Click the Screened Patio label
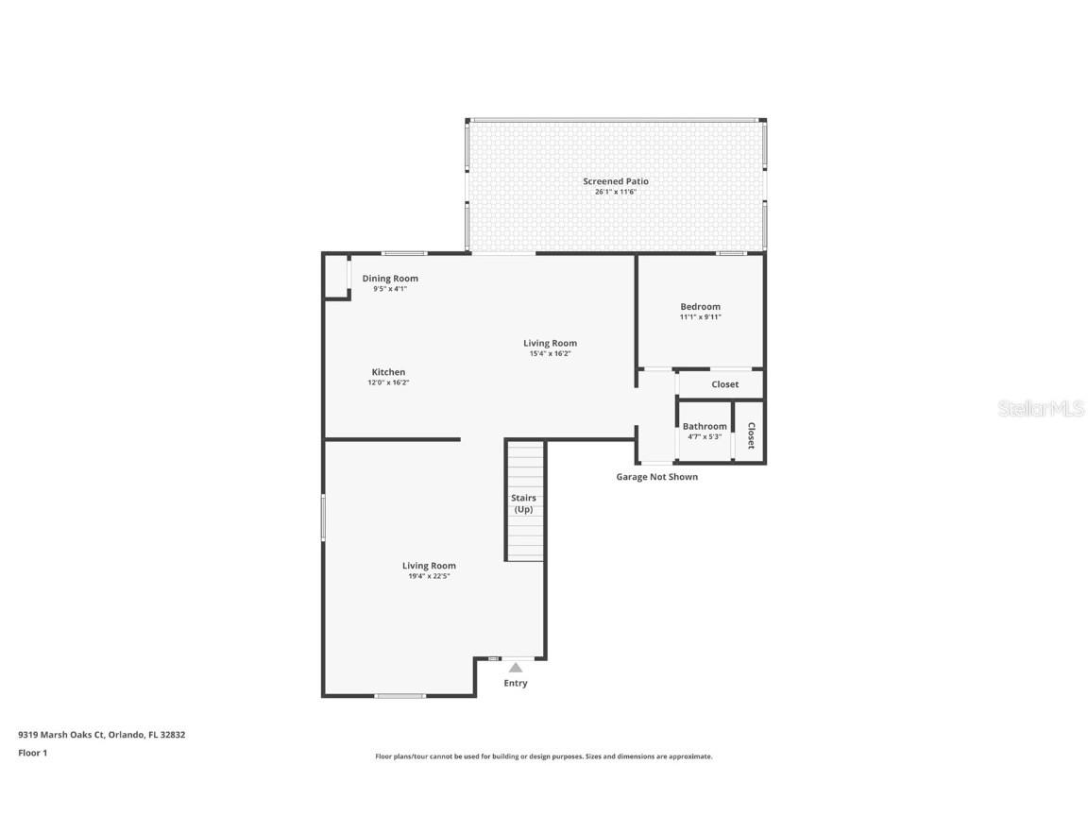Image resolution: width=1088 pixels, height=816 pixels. (x=616, y=181)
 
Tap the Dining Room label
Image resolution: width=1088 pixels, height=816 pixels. (x=390, y=279)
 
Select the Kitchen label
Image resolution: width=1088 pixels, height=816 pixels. (x=388, y=372)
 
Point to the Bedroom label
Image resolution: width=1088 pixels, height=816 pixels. (x=700, y=306)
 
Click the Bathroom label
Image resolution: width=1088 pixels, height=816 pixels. (x=705, y=426)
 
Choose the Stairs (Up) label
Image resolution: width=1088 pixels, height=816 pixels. (x=523, y=503)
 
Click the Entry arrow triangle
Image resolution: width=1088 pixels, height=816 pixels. (x=516, y=668)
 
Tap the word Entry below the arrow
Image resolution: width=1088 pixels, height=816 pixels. (x=516, y=683)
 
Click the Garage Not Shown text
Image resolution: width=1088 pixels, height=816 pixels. (x=657, y=477)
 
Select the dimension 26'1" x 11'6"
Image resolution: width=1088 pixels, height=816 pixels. (x=616, y=192)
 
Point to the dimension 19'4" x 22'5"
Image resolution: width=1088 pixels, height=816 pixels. (x=429, y=576)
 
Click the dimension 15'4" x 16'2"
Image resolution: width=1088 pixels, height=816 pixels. (x=551, y=353)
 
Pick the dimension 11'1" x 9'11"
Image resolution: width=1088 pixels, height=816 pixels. (x=700, y=316)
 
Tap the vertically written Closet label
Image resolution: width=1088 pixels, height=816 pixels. (x=751, y=435)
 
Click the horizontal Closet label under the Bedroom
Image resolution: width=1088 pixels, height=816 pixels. (x=725, y=383)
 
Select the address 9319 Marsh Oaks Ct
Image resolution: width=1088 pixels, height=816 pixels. (x=61, y=735)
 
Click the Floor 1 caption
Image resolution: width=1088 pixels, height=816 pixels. (x=33, y=753)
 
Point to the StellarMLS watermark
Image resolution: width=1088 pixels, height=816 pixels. (x=1041, y=408)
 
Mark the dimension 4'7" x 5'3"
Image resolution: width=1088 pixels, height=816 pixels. (x=705, y=436)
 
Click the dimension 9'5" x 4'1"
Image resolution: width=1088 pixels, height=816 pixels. (x=390, y=289)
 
